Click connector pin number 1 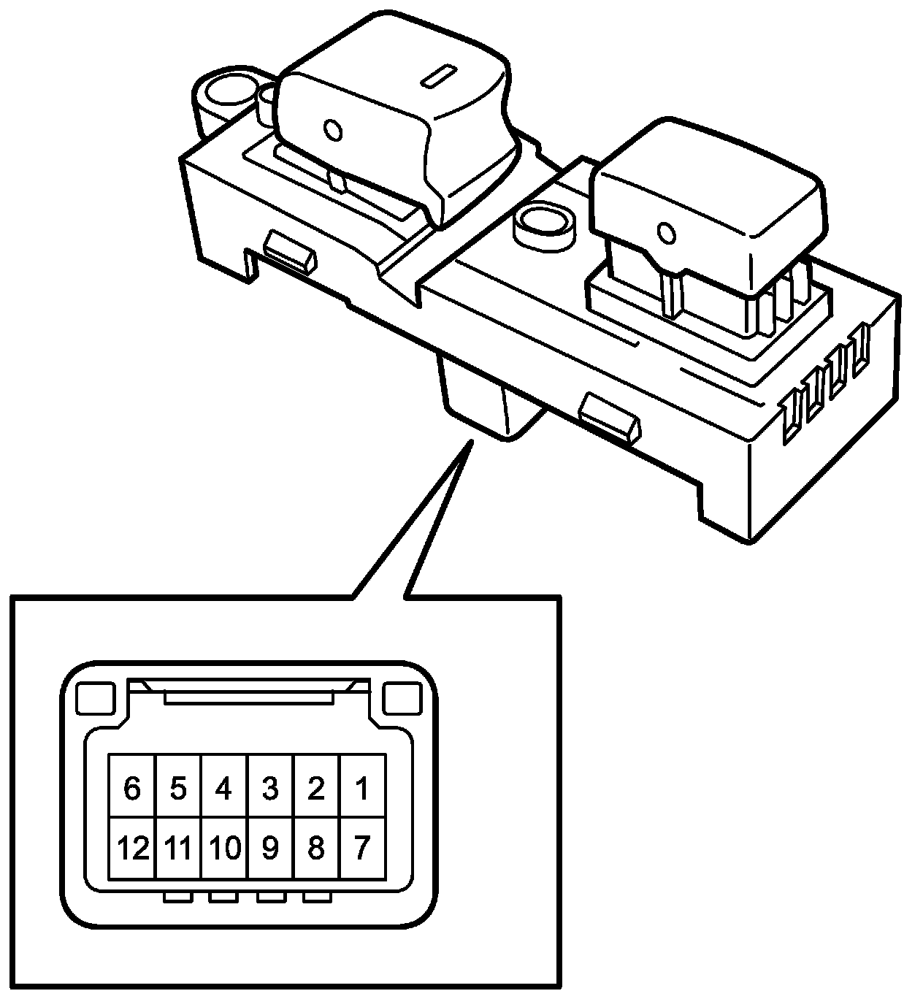click(361, 789)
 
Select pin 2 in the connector click(315, 789)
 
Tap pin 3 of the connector click(269, 789)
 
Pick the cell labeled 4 click(223, 789)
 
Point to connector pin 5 click(177, 789)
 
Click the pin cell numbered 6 click(131, 789)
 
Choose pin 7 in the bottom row click(361, 849)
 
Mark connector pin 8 click(315, 849)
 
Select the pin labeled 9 click(269, 849)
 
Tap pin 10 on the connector click(223, 849)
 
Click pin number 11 click(177, 849)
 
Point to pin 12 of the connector click(131, 849)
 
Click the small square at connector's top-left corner click(96, 699)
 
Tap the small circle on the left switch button click(332, 131)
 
